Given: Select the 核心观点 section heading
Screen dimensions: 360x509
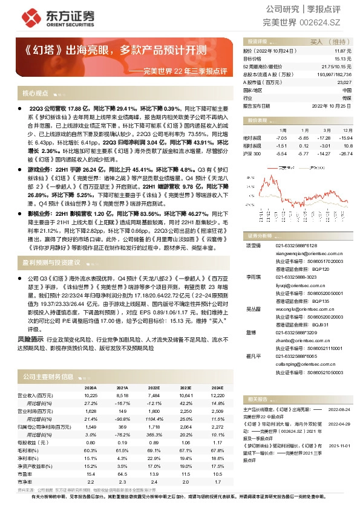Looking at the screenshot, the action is (x=35, y=93).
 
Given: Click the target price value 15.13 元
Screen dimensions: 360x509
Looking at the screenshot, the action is (x=344, y=59).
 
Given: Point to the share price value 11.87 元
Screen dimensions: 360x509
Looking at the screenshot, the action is (x=344, y=52).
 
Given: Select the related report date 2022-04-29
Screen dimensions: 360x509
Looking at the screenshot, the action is (x=339, y=424).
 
